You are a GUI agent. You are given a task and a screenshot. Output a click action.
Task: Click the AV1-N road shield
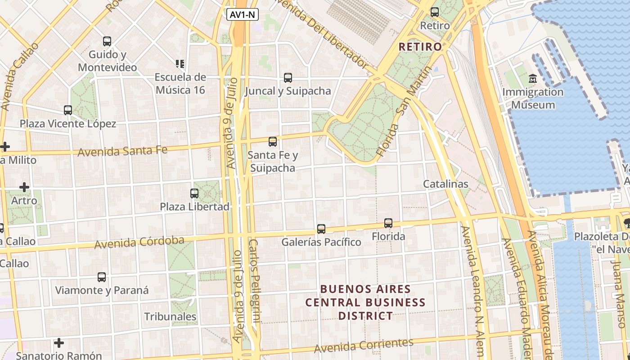point(242,15)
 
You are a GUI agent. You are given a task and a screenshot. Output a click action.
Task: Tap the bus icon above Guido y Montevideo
point(107,41)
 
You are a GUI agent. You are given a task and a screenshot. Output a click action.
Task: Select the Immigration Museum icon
point(533,79)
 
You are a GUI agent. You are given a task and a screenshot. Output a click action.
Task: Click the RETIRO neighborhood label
point(420,46)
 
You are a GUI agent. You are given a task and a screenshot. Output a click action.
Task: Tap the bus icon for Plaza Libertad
point(194,193)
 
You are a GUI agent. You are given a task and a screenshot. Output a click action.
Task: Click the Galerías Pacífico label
point(321,242)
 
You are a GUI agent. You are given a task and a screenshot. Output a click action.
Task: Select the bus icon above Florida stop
point(388,223)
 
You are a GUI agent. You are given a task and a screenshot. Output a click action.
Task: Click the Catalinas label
point(445,184)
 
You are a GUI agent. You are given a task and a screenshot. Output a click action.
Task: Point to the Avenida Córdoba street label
point(139,242)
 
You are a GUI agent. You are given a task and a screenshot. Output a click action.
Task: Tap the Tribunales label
point(170,316)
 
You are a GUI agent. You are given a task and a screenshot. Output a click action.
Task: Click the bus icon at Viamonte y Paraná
point(102,277)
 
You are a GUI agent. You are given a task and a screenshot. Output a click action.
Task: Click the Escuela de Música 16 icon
point(180,64)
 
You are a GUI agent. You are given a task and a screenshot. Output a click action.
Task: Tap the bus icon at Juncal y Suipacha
point(288,78)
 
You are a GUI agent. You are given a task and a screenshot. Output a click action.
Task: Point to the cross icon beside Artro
point(24,187)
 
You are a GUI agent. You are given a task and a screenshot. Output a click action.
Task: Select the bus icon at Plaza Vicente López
point(68,110)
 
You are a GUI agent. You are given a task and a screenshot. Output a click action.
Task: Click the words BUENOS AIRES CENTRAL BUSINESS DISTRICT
point(365,302)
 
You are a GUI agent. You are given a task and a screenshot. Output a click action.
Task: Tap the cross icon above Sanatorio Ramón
point(59,343)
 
